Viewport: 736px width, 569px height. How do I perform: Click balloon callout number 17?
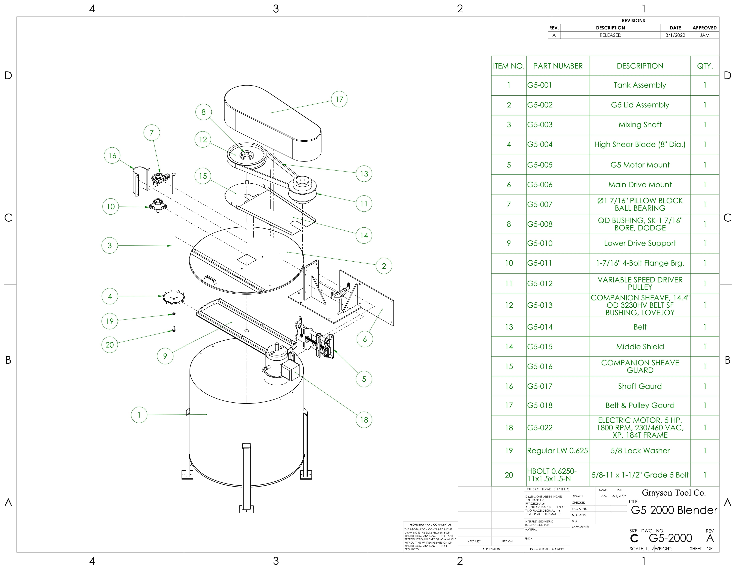(339, 99)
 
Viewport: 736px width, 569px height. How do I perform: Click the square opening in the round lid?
(247, 259)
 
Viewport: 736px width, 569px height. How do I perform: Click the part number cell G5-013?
(540, 305)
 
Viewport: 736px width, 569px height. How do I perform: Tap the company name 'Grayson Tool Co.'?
(673, 493)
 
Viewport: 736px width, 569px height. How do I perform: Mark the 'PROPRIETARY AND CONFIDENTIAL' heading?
(430, 524)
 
